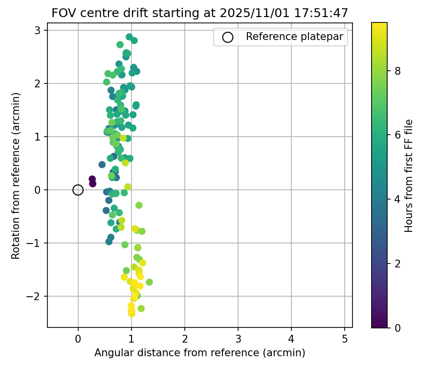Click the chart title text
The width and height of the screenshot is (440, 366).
199,13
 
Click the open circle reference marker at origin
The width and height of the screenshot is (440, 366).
78,190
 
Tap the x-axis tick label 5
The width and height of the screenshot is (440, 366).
344,339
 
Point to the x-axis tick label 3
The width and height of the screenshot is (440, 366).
238,339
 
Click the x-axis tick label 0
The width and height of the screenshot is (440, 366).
78,339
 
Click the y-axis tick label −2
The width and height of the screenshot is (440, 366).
35,296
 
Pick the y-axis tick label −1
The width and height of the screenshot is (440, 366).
35,243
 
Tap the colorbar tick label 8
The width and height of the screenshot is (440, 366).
398,71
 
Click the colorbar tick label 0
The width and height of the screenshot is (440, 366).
398,327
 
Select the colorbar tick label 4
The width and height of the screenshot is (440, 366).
398,199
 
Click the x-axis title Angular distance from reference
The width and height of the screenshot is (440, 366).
199,353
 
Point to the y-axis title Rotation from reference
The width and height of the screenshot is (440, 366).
16,176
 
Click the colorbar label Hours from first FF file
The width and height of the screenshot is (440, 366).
409,176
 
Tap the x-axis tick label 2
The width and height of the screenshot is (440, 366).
184,339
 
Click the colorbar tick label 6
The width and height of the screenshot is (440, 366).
398,135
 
